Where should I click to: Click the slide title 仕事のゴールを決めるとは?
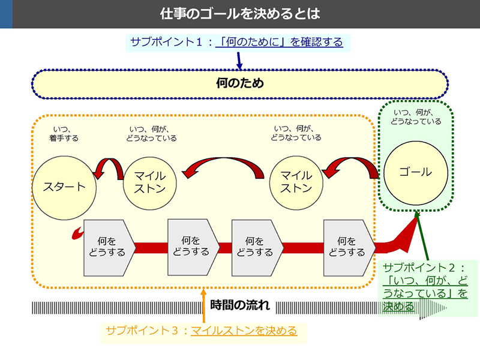click(240, 14)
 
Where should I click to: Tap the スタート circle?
click(64, 188)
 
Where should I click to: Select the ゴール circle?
click(416, 173)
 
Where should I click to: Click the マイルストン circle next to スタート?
click(149, 183)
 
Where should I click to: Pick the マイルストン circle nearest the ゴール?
click(296, 183)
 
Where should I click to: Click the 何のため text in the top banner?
click(240, 83)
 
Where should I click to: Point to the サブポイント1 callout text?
click(236, 42)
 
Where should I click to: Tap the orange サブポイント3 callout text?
click(202, 331)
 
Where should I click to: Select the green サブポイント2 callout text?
click(425, 287)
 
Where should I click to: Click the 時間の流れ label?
click(240, 305)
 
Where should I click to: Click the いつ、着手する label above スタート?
click(64, 134)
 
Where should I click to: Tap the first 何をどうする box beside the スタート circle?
click(110, 248)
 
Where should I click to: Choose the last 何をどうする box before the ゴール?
click(350, 248)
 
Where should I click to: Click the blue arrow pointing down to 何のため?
click(239, 61)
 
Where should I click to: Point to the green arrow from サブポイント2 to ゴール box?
click(422, 236)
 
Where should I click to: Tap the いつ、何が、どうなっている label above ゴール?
click(416, 117)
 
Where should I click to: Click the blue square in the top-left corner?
click(6, 14)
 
